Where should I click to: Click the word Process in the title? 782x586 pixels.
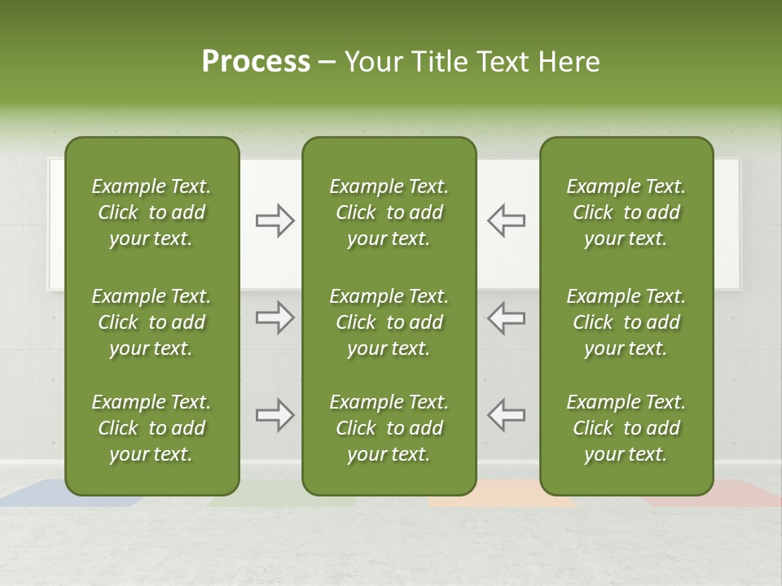click(x=256, y=62)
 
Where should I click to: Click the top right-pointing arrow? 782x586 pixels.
click(x=275, y=221)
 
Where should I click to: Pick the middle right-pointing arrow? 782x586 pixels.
click(x=275, y=317)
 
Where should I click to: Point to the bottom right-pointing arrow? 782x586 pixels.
click(x=275, y=415)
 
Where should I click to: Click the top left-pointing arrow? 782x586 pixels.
click(x=506, y=221)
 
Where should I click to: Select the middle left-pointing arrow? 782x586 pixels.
click(x=506, y=317)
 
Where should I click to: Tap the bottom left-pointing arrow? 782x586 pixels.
click(x=506, y=415)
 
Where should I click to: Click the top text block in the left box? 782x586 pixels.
click(x=152, y=212)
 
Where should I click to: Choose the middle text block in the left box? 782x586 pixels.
click(x=152, y=322)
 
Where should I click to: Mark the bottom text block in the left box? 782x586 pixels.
click(x=152, y=428)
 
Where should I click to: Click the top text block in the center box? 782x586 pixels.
click(x=389, y=212)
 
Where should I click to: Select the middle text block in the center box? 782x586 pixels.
click(x=389, y=322)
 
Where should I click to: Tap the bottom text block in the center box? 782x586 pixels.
click(x=389, y=428)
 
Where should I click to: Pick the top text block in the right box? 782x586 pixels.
click(x=626, y=212)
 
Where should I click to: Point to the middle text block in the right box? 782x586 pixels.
click(x=626, y=322)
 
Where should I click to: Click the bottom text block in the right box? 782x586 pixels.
click(x=626, y=428)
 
